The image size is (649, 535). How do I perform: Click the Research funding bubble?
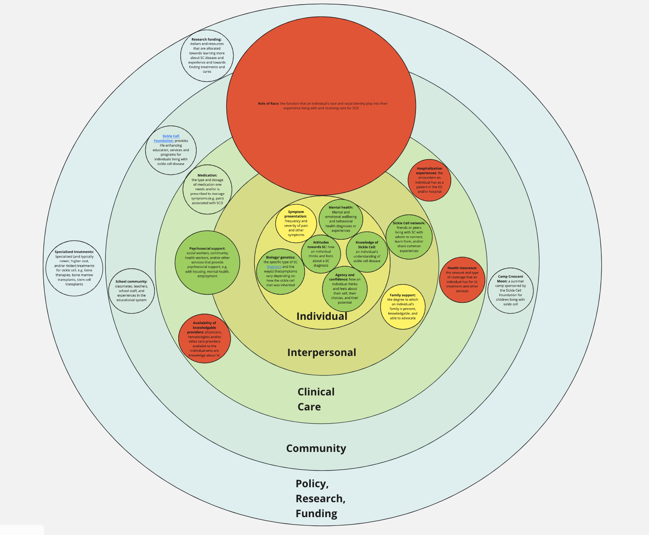coord(207,56)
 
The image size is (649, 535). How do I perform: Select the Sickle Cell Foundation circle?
coord(171,150)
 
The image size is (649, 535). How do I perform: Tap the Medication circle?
coord(207,189)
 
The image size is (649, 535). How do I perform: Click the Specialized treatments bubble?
coord(74,268)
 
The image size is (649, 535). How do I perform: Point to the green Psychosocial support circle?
coord(207,263)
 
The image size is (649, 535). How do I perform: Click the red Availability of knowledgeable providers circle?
coord(204,339)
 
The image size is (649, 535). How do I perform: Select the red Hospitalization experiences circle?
coord(429,180)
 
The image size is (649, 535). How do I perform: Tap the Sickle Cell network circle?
coord(409,237)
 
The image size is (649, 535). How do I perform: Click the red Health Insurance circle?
coord(462,280)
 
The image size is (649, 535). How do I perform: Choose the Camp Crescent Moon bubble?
coord(510,290)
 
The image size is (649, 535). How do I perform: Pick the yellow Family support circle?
coord(403,307)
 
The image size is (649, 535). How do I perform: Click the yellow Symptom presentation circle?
coord(296,223)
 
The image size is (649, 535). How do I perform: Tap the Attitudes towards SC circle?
coord(321,254)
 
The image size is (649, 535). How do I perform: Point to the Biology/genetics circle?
coord(280,271)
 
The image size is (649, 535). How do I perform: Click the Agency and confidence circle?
coord(345,289)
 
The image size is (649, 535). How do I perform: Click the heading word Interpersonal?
coord(322,353)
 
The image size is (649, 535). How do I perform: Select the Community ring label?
coord(316,449)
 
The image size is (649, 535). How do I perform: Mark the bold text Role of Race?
coord(268,103)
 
